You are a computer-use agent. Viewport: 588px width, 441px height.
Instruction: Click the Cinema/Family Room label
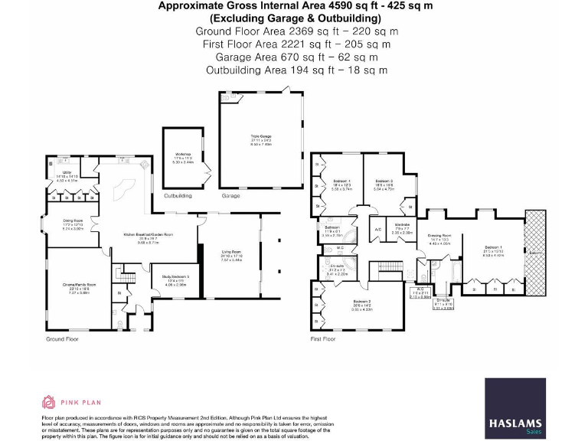point(75,289)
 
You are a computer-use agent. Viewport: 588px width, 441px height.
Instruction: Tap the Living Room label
point(231,256)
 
